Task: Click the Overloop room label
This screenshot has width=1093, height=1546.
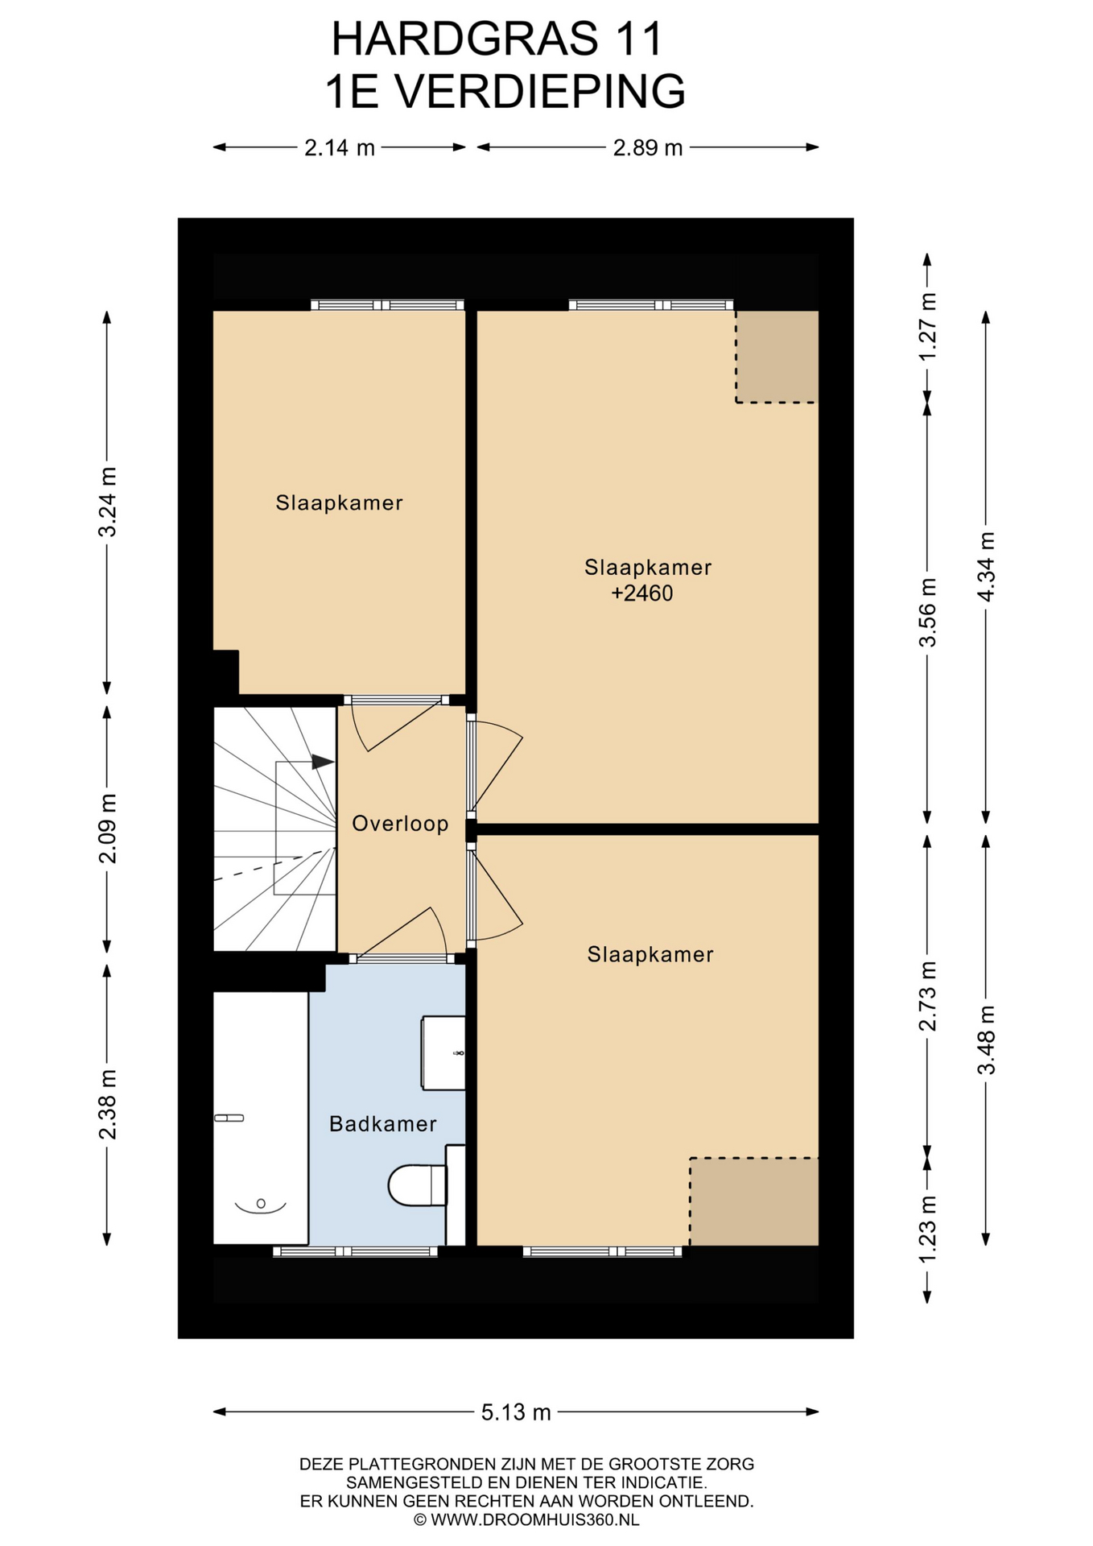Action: coord(400,824)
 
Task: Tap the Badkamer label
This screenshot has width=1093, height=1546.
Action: coord(383,1124)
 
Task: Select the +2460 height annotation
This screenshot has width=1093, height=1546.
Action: coord(642,594)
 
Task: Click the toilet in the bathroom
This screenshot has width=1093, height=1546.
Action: coord(417,1185)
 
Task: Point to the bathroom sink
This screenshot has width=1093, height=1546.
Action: coord(443,1053)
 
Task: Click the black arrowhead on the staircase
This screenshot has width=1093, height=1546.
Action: coord(323,762)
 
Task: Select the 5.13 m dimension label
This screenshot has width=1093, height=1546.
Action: coord(516,1412)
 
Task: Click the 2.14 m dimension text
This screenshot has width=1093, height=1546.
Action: coord(340,148)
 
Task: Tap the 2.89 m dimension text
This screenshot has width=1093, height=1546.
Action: coord(648,148)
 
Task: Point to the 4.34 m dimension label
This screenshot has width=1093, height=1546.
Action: coord(986,567)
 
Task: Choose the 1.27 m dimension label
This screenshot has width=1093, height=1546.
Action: coord(927,327)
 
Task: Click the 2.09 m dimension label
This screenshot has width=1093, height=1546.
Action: coord(107,829)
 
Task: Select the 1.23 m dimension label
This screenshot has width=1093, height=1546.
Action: coord(927,1230)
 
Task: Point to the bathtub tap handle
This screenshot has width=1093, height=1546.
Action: coord(229,1118)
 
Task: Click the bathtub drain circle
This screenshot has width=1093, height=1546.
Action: coord(261,1204)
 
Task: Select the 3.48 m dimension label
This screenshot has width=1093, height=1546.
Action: coord(986,1040)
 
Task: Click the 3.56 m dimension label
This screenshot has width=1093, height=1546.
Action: coord(927,613)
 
